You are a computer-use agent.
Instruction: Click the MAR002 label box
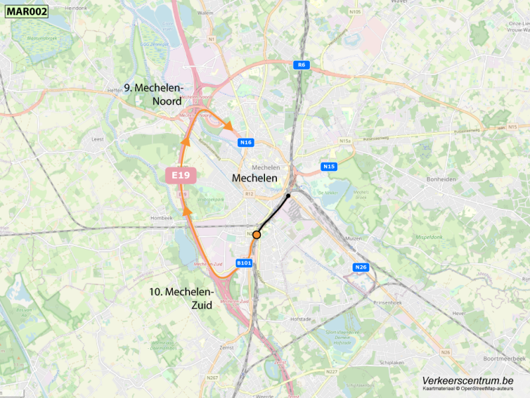[26, 11]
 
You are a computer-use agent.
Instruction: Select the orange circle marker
[256, 235]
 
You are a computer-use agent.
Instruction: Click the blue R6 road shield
[302, 65]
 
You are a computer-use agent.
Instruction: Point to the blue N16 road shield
[246, 143]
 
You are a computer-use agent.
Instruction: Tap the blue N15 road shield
[329, 166]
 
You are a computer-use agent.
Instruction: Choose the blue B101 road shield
[244, 263]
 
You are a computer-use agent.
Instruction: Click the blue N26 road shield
[360, 267]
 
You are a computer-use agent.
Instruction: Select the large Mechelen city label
[254, 178]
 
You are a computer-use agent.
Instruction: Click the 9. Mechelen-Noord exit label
[154, 94]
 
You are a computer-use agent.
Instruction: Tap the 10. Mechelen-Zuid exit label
[181, 298]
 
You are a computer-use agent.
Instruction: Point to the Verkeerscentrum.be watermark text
[468, 381]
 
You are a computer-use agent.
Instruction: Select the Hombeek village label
[161, 218]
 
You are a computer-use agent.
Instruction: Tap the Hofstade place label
[301, 319]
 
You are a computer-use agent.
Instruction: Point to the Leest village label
[98, 140]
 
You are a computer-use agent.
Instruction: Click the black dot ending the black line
[288, 196]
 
